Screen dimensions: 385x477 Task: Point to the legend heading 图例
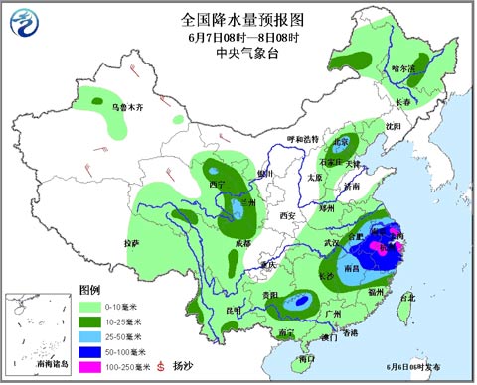89,290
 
